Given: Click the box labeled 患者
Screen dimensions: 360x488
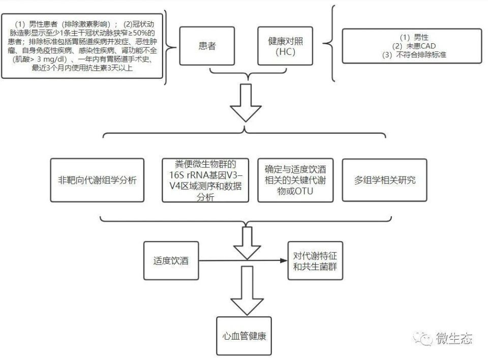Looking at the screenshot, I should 207,46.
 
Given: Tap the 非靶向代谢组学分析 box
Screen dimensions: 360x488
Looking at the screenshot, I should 97,181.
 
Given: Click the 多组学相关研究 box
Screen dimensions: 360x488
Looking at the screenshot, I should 385,181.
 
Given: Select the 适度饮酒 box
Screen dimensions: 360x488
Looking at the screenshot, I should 171,261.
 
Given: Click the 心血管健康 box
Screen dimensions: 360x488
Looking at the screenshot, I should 245,336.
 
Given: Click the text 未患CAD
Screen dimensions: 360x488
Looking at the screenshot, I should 413,46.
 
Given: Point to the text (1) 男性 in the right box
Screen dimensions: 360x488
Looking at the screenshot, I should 414,37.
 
